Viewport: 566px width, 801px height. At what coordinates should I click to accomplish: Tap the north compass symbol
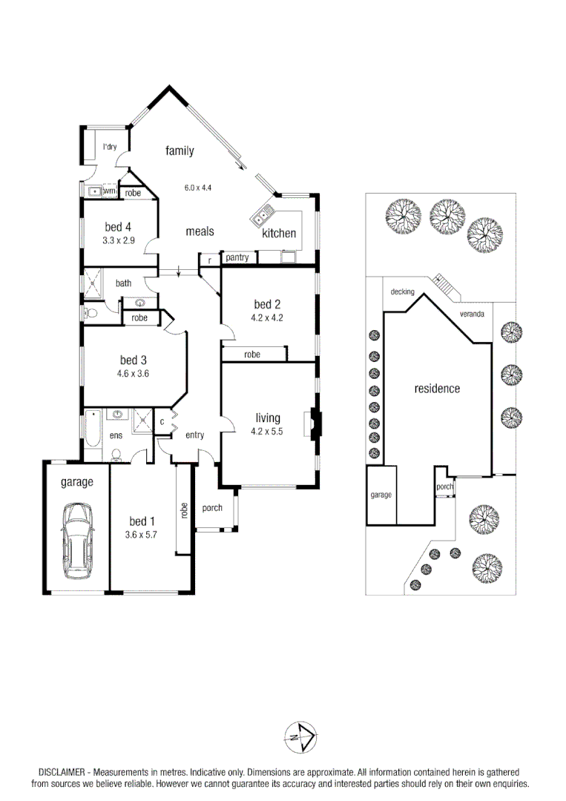tap(300, 736)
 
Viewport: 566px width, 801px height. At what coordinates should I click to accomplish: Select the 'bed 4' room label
tap(118, 227)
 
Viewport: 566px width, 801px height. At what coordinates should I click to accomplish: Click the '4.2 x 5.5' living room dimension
tap(268, 431)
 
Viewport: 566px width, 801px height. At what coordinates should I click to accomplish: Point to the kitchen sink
tap(262, 217)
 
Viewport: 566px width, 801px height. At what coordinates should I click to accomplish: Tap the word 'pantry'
tap(237, 257)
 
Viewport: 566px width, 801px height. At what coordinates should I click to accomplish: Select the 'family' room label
tap(180, 151)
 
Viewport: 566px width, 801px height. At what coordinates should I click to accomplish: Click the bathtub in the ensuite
tap(92, 429)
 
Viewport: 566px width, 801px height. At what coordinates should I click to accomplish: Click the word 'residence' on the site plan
tap(437, 389)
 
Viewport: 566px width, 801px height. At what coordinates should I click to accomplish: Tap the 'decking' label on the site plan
tap(402, 292)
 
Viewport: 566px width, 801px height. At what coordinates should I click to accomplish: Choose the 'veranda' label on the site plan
tap(472, 314)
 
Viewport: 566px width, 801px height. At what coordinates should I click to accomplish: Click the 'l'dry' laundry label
tap(110, 147)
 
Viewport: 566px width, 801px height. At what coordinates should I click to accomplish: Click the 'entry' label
tap(194, 435)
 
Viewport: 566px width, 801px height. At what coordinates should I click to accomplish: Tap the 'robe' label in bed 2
tap(252, 355)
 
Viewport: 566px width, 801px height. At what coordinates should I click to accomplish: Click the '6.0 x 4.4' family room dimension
tap(198, 188)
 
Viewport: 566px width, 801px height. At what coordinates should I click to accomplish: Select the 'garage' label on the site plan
tap(381, 495)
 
